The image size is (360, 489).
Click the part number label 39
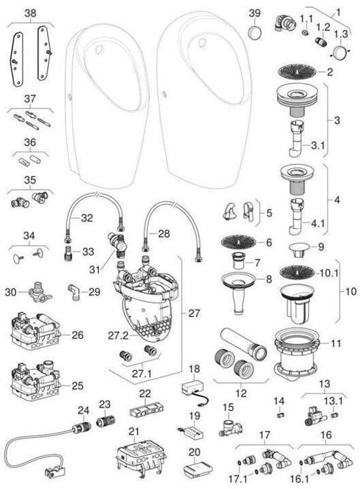254,13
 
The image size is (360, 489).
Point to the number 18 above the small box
194,369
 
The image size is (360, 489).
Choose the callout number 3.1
318,144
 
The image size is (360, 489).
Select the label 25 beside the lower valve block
77,385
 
